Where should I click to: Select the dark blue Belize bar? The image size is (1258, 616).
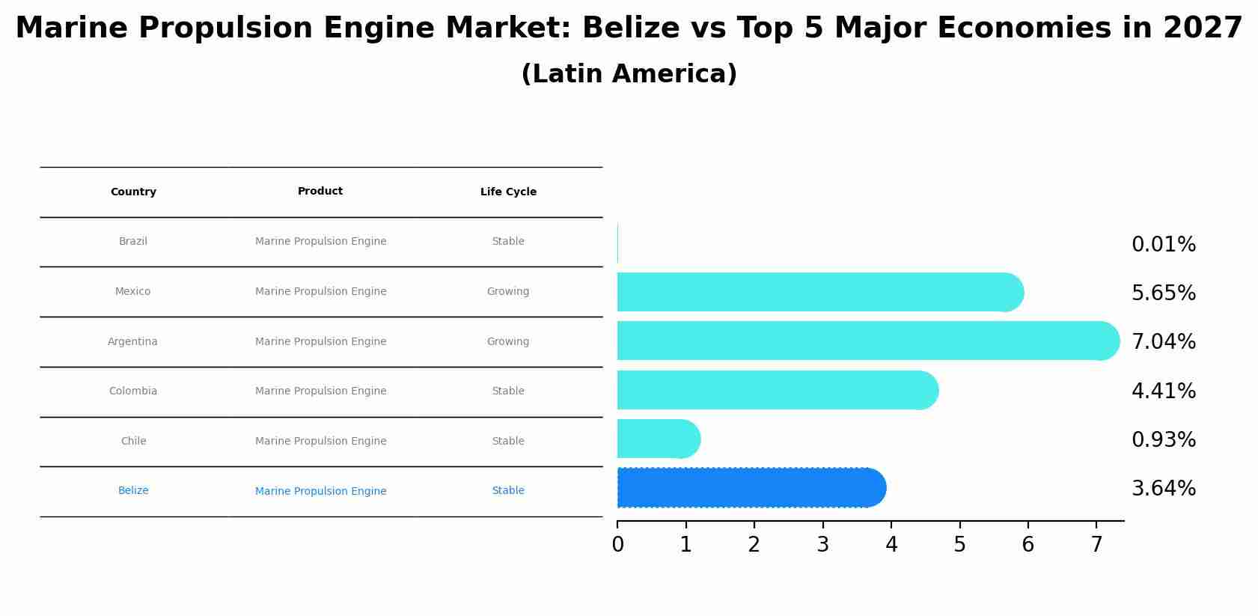point(748,488)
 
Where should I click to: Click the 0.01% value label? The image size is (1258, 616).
point(1163,245)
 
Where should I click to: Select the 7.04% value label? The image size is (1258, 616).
point(1163,342)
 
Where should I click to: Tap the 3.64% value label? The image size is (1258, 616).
point(1163,489)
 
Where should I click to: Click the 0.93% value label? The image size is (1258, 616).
point(1163,440)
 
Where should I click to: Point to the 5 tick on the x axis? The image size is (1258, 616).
point(959,545)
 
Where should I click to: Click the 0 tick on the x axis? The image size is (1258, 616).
point(617,545)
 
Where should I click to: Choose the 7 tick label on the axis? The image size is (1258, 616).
point(1096,545)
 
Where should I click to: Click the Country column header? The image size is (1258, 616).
point(133,192)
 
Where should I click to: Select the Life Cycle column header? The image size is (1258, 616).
point(508,192)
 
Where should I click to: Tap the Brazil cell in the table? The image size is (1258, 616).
point(133,242)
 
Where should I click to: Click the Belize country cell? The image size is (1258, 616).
point(133,491)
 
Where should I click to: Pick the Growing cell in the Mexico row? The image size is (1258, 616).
point(508,292)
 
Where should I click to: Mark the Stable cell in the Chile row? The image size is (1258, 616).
point(508,442)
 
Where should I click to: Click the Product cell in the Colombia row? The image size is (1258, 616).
point(320,391)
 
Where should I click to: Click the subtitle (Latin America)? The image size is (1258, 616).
point(629,74)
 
